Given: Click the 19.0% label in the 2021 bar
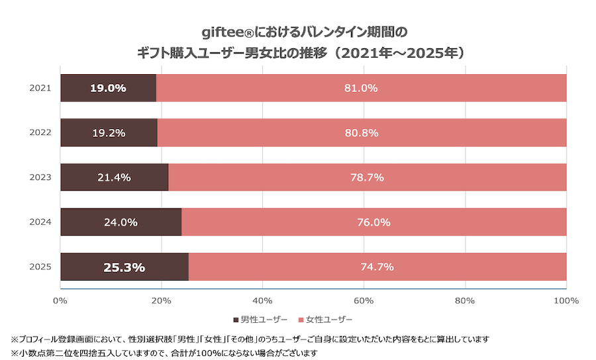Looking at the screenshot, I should pyautogui.click(x=108, y=88).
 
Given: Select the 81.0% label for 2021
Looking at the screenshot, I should pyautogui.click(x=361, y=88).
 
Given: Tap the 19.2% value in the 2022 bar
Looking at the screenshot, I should pyautogui.click(x=109, y=133).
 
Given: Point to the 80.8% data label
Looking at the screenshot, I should pyautogui.click(x=362, y=133).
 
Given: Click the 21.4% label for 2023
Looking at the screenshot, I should pyautogui.click(x=114, y=177).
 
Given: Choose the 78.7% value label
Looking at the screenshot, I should pyautogui.click(x=367, y=177).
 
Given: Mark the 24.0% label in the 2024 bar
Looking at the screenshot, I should pyautogui.click(x=121, y=222).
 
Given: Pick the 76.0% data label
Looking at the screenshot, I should pyautogui.click(x=373, y=222).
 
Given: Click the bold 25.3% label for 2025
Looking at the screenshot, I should pyautogui.click(x=124, y=267).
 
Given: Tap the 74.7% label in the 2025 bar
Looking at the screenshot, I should pyautogui.click(x=377, y=267).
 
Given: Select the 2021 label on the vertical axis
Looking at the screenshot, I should pyautogui.click(x=40, y=88).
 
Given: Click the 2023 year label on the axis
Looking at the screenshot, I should pyautogui.click(x=40, y=177).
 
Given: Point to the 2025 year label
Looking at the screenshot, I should pyautogui.click(x=40, y=267).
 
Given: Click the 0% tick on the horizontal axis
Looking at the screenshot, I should pyautogui.click(x=60, y=301).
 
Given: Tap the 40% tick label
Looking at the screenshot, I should pyautogui.click(x=263, y=301).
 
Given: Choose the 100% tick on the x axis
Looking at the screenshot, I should pyautogui.click(x=566, y=301).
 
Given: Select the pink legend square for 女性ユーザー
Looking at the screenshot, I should pyautogui.click(x=301, y=320).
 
